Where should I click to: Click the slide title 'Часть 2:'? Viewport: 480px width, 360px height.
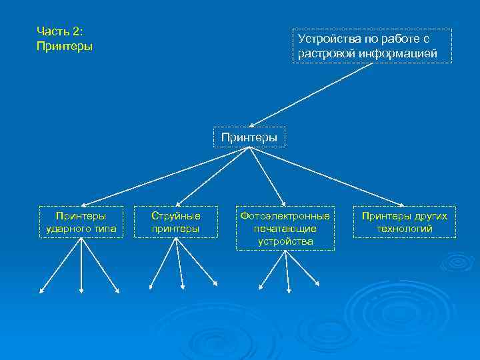point(60,32)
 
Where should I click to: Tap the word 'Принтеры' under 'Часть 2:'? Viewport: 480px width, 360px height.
point(65,47)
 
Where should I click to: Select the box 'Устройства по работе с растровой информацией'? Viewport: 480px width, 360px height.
point(372,46)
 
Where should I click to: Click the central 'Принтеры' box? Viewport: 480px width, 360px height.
point(249,137)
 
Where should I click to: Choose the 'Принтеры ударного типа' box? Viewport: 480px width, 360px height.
point(81,222)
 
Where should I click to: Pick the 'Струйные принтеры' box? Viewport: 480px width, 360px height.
point(176,222)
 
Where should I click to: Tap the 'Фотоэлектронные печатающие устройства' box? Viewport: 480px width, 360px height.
point(285,228)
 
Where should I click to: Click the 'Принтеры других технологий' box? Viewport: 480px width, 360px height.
point(405,222)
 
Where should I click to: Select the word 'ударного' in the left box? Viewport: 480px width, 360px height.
point(70,229)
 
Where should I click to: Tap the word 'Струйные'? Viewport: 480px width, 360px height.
point(176,216)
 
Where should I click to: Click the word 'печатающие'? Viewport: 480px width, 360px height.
point(285,229)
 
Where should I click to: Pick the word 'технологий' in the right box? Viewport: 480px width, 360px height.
point(405,229)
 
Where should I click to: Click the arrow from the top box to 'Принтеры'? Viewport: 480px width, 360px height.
point(310,94)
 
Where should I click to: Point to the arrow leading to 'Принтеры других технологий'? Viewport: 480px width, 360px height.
point(327,177)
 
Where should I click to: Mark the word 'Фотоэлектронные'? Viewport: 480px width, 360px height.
point(285,216)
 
